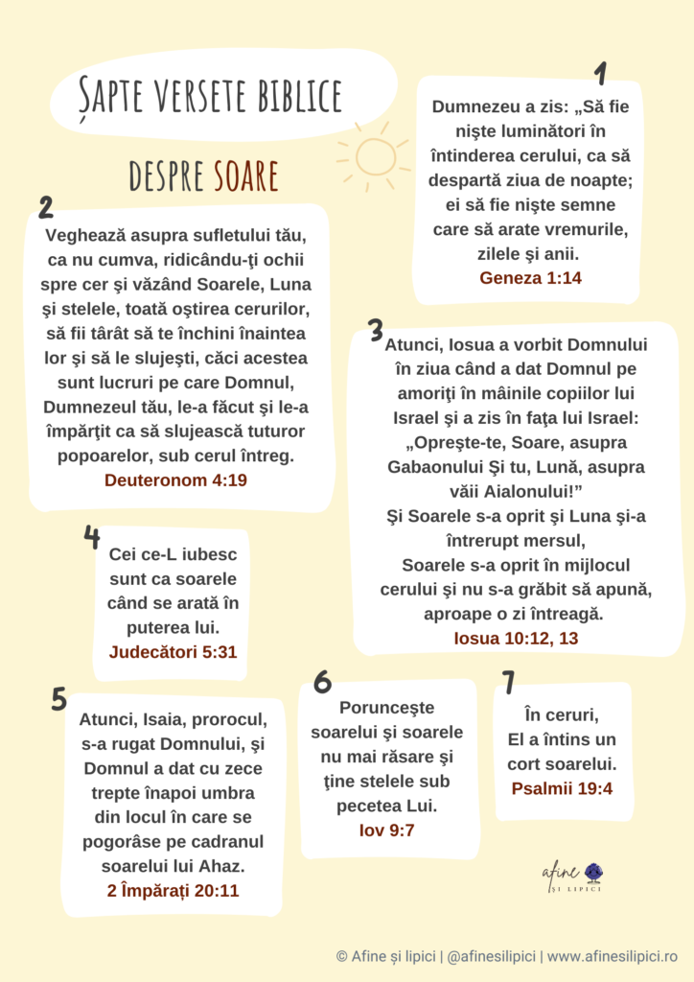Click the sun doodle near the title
click(374, 154)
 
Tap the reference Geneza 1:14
click(530, 278)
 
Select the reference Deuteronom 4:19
click(175, 479)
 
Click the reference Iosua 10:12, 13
click(516, 638)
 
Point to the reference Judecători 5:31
click(173, 653)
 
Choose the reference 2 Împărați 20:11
click(173, 891)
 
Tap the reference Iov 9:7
click(387, 830)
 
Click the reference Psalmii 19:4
click(562, 789)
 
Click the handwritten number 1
click(601, 74)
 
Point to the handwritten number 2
click(45, 209)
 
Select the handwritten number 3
click(376, 330)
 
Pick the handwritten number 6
click(322, 682)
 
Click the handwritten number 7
click(508, 682)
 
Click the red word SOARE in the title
click(246, 175)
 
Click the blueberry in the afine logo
click(593, 872)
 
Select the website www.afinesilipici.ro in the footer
click(613, 956)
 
